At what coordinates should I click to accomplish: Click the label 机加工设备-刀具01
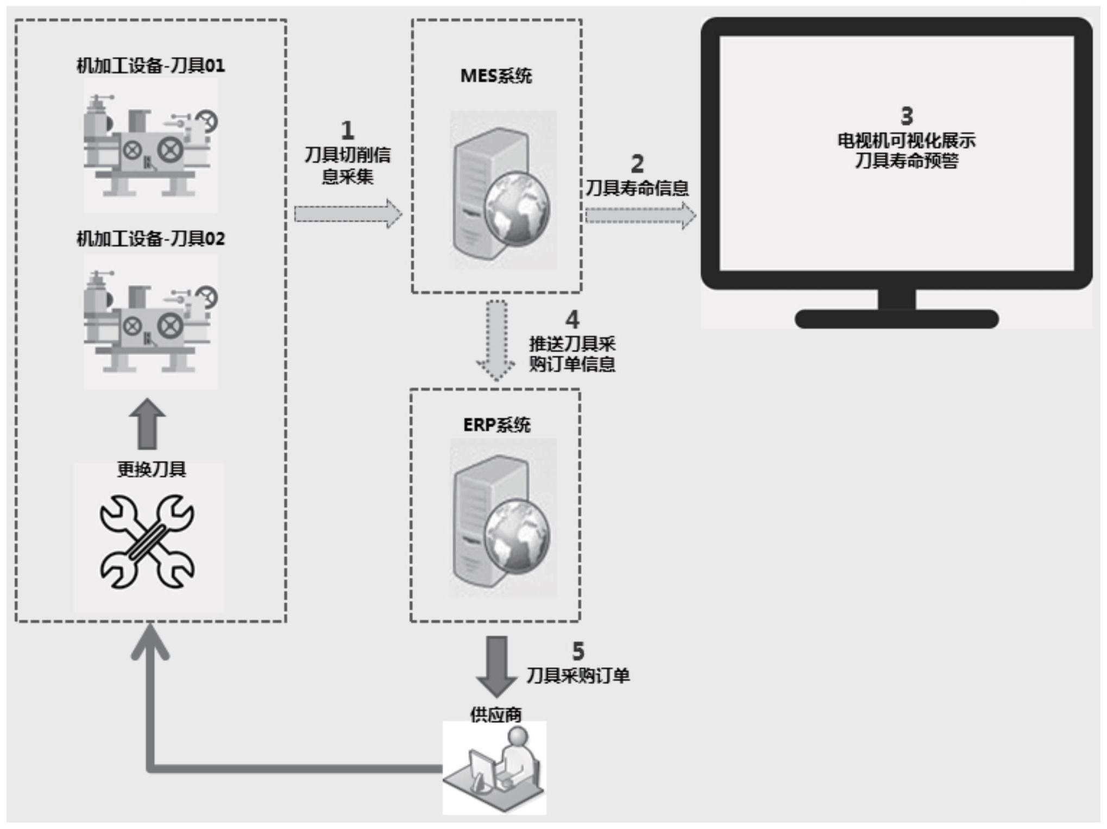150,66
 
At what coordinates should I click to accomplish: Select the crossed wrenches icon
147,541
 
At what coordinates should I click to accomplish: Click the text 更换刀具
152,469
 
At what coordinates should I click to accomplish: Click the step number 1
347,130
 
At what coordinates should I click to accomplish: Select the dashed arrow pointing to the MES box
348,214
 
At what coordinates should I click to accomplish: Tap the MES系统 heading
496,76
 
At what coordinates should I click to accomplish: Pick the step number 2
637,163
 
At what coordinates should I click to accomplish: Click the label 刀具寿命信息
637,188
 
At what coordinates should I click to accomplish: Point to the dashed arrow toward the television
640,216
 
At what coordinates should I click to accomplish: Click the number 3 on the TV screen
907,116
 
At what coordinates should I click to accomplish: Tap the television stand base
896,319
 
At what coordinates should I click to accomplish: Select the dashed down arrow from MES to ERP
496,340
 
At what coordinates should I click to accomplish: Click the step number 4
572,320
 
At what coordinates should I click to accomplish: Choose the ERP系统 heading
496,425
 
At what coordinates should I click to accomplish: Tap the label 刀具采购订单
578,675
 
